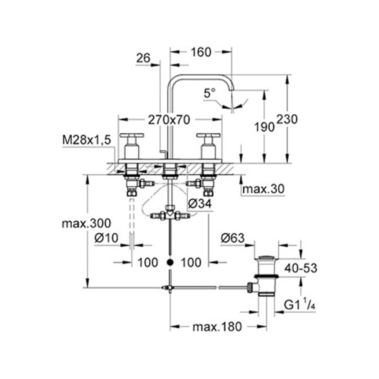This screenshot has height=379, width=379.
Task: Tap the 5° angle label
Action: [209, 93]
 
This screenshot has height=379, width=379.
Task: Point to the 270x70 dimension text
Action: [170, 120]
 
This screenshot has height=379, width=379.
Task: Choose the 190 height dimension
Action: [264, 127]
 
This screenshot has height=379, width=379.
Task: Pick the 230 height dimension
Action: [287, 120]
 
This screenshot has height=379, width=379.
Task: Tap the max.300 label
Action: [86, 224]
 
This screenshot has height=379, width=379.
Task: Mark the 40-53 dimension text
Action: [300, 268]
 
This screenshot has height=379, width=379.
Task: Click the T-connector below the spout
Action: [170, 215]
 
